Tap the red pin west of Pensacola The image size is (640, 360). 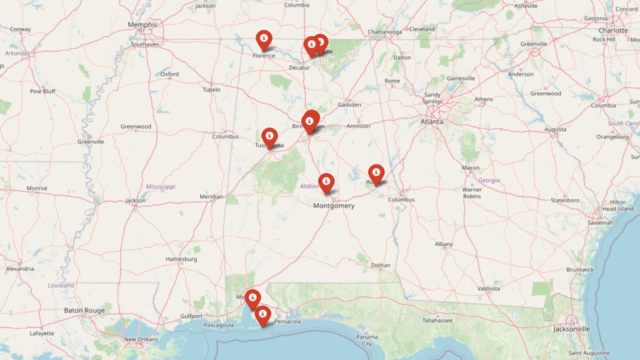(262, 315)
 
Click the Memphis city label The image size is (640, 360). (142, 25)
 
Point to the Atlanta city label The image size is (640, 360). (432, 122)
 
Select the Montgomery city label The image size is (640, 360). (334, 206)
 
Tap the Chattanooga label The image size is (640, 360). (385, 32)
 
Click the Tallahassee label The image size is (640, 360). (437, 320)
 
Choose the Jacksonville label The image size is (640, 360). (572, 329)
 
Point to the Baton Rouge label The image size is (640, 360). (84, 310)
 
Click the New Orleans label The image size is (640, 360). (141, 339)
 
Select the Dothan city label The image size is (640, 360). (380, 265)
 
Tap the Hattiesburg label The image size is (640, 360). (181, 259)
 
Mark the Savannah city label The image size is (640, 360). (600, 223)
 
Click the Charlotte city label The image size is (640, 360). (613, 30)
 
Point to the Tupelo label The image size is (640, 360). (211, 90)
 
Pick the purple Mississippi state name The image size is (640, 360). (160, 187)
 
